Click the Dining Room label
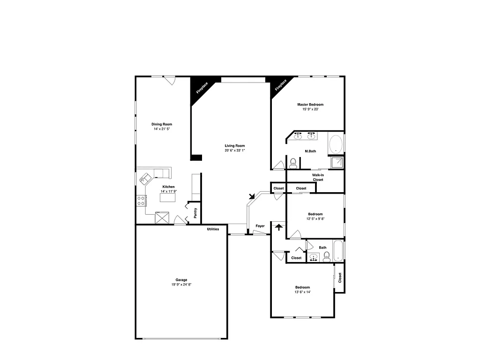pyautogui.click(x=161, y=124)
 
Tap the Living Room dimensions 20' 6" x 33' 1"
pyautogui.click(x=235, y=150)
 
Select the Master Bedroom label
pyautogui.click(x=310, y=105)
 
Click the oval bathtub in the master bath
pyautogui.click(x=336, y=144)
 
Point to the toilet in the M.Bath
pyautogui.click(x=293, y=163)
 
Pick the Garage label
pyautogui.click(x=181, y=280)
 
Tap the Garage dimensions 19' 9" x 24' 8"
pyautogui.click(x=181, y=285)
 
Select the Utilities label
pyautogui.click(x=213, y=229)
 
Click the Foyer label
pyautogui.click(x=260, y=226)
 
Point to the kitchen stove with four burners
pyautogui.click(x=141, y=201)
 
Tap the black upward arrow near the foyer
pyautogui.click(x=279, y=227)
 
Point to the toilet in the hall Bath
pyautogui.click(x=327, y=256)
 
